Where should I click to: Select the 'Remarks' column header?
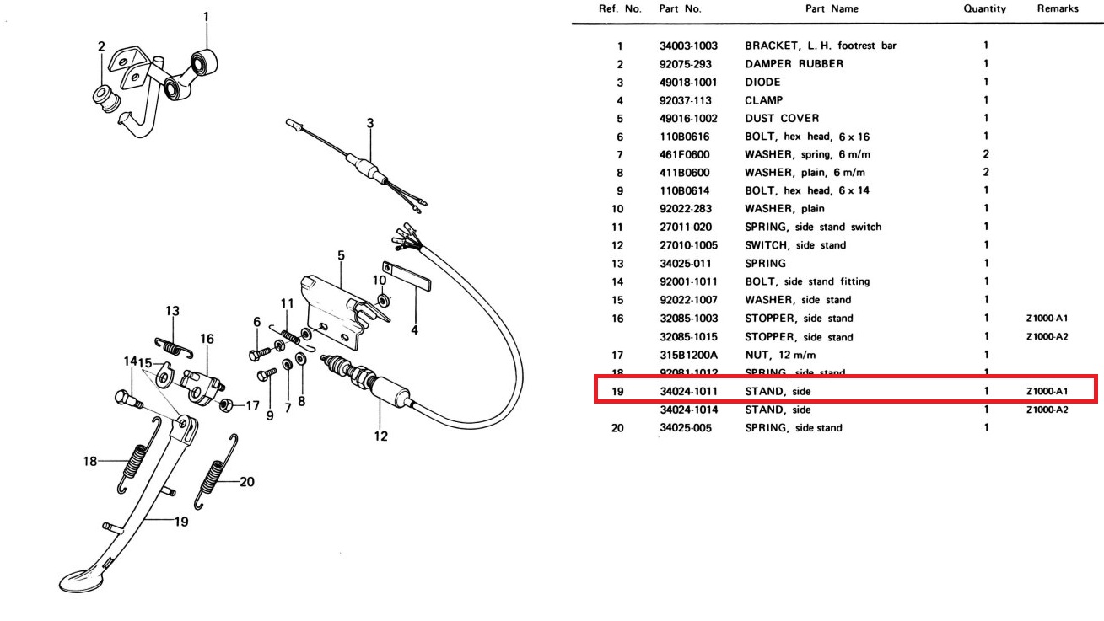click(1058, 8)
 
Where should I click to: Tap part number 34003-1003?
click(687, 46)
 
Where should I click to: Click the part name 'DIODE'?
click(762, 82)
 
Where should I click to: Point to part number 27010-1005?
click(687, 245)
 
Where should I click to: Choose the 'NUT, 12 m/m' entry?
click(780, 355)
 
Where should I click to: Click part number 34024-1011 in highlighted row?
click(687, 391)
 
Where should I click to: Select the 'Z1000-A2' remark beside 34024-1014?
click(1047, 410)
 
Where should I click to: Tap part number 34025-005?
click(684, 427)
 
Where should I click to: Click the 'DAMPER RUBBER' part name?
click(794, 64)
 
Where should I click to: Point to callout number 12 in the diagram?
click(381, 436)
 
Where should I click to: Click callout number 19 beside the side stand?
click(180, 522)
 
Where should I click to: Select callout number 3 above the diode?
click(369, 123)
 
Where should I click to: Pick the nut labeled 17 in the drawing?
click(226, 405)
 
